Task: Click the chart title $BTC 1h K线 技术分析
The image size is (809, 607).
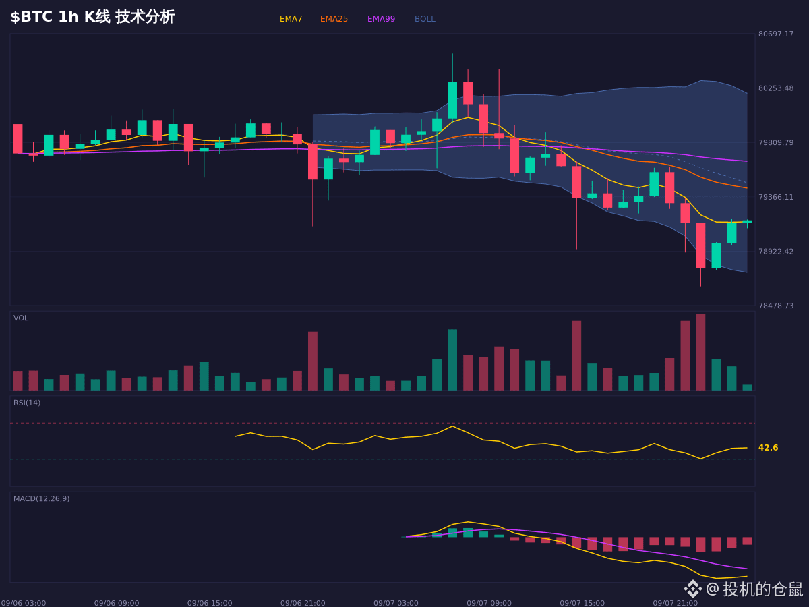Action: point(92,17)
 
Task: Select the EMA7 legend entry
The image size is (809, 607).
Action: point(291,19)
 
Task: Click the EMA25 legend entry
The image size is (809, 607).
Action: point(334,19)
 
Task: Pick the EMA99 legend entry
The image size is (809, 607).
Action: point(381,19)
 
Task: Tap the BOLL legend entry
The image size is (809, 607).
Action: point(425,19)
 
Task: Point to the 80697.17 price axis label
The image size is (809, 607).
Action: point(776,34)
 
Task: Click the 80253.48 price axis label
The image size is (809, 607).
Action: point(776,88)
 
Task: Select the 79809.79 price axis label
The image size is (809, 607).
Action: point(776,142)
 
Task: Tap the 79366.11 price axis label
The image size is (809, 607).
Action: point(776,197)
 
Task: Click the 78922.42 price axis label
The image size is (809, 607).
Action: point(776,252)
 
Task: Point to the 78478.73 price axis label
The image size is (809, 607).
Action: point(776,306)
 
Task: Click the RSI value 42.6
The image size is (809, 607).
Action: point(768,448)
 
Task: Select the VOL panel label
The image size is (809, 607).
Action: point(21,318)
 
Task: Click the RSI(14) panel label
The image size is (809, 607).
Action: point(27,403)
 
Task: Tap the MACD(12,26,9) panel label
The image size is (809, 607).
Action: point(41,498)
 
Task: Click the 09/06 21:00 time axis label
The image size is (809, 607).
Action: point(303,603)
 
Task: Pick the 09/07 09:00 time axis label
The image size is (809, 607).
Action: point(489,603)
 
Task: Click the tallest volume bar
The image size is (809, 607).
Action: point(700,352)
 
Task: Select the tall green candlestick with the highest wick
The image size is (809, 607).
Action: point(452,100)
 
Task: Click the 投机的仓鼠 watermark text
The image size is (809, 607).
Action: point(762,589)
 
